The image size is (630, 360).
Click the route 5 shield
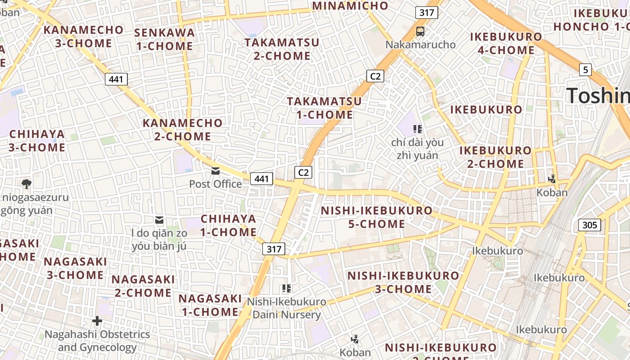coord(585,70)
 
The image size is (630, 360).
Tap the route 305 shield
coord(589,225)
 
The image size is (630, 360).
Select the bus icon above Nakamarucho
coord(420,31)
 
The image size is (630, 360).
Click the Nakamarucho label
coord(420,45)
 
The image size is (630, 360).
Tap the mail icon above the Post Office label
coord(216,171)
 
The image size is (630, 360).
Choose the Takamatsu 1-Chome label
coord(324,108)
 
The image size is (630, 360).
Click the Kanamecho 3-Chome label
coord(83,36)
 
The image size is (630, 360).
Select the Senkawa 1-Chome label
coord(164,39)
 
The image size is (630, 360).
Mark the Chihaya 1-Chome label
coord(228,225)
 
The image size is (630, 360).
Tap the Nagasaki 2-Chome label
coord(143,286)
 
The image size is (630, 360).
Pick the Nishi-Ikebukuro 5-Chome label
coord(376,217)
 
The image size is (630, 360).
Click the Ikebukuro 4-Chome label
coord(506,43)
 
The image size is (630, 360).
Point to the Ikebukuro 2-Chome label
coord(495,157)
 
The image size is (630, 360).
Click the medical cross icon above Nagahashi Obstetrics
coord(97,321)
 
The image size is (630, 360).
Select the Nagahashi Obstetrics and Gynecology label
coord(97,341)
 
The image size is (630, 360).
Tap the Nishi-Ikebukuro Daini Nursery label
coord(287,308)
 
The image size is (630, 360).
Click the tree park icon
coord(26,184)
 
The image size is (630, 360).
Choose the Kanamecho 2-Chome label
coord(182,130)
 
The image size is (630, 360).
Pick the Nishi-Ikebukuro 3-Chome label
coord(403,282)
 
